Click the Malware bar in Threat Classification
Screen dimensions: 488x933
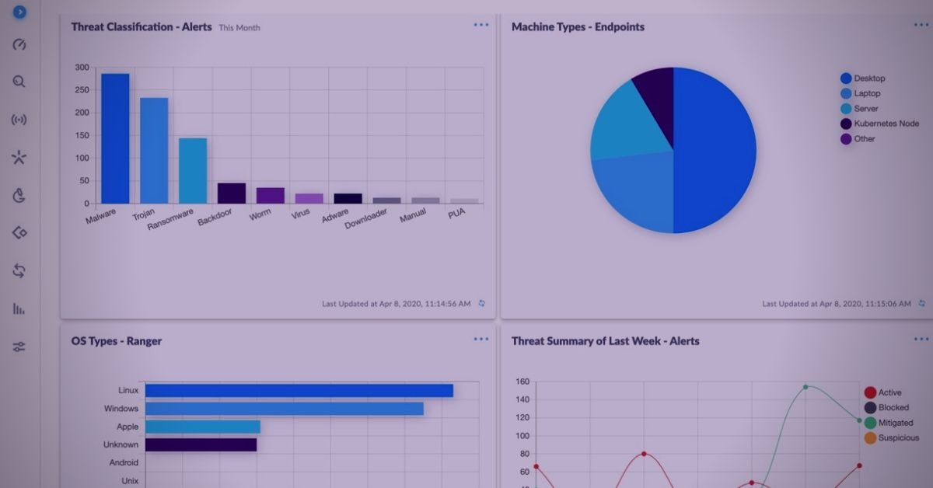click(x=115, y=138)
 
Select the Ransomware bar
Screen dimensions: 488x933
click(x=193, y=171)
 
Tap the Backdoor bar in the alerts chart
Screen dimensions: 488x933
click(x=232, y=193)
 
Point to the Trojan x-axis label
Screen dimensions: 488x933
click(x=144, y=214)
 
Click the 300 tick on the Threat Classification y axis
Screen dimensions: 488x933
click(x=82, y=68)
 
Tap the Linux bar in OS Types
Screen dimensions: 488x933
click(x=299, y=391)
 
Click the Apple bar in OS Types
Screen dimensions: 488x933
click(x=202, y=427)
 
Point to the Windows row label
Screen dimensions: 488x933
click(x=121, y=409)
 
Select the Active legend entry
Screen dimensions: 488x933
click(x=889, y=393)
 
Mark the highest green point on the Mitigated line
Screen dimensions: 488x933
click(x=805, y=387)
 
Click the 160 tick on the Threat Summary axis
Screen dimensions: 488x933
click(x=521, y=382)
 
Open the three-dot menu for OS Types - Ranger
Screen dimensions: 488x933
click(x=481, y=339)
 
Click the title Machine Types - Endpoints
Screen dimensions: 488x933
click(x=578, y=27)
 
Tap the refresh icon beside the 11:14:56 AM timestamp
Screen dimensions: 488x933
click(x=482, y=304)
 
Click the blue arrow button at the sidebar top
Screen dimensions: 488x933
click(x=20, y=12)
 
